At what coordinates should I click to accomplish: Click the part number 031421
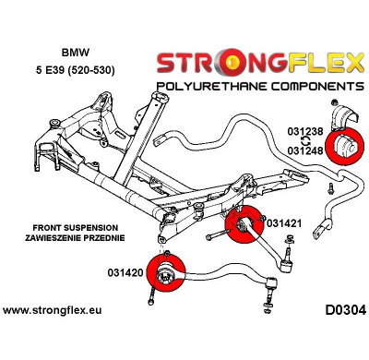(284, 222)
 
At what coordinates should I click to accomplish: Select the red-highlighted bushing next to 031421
(243, 228)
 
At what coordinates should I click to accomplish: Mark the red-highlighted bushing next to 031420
(168, 274)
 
